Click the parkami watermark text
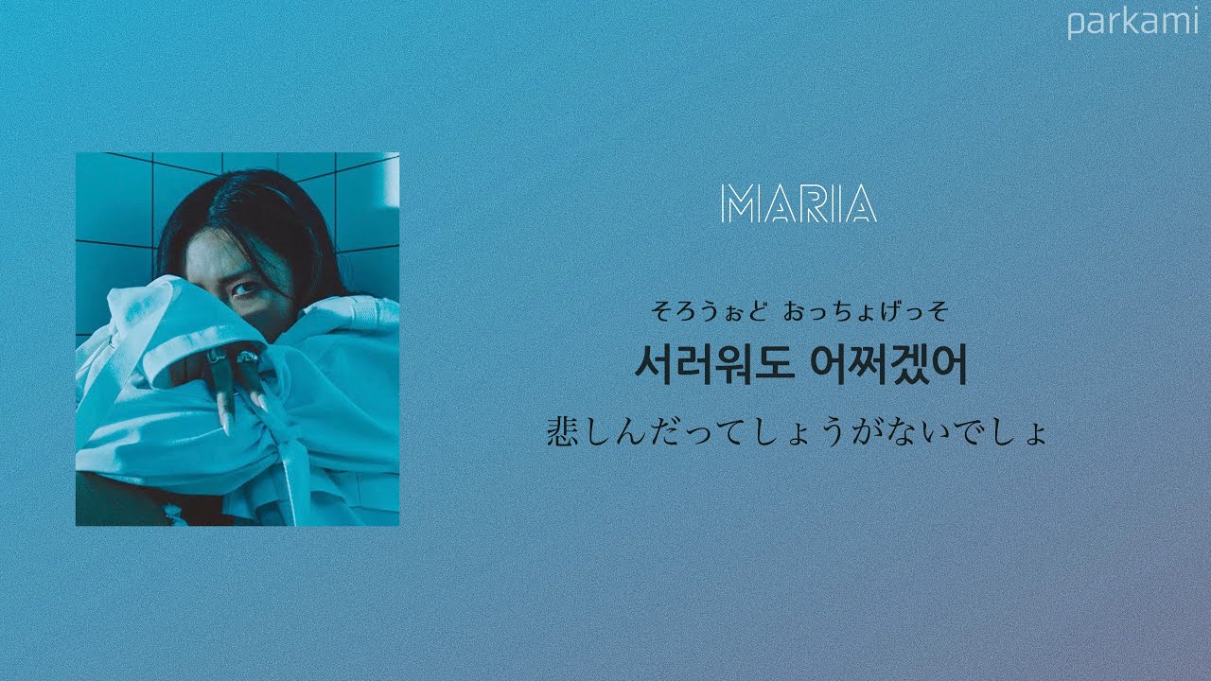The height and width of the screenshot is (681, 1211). click(1132, 23)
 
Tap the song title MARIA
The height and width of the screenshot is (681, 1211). click(798, 203)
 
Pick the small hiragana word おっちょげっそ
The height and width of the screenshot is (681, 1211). click(866, 309)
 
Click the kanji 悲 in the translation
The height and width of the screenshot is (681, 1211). click(564, 432)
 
